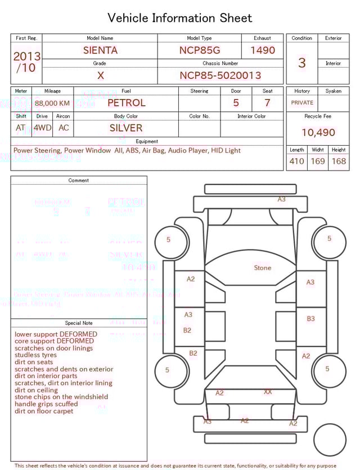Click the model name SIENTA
coord(100,50)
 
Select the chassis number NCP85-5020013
coord(220,75)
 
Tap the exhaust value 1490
coord(262,50)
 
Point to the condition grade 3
coord(301,62)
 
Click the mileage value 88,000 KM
coord(52,103)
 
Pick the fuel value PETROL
coord(126,103)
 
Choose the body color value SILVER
coord(126,128)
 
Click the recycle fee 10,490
coord(318,132)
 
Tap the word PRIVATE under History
coord(302,103)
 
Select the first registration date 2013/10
coord(26,62)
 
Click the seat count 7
coord(267,103)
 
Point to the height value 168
coord(339,161)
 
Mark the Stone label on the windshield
coord(262,268)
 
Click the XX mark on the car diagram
coord(268,392)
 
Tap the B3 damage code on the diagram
coord(310,319)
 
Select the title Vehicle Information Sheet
coord(180,18)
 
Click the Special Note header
coord(79,323)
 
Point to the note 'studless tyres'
coord(35,355)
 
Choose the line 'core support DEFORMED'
coord(54,341)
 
